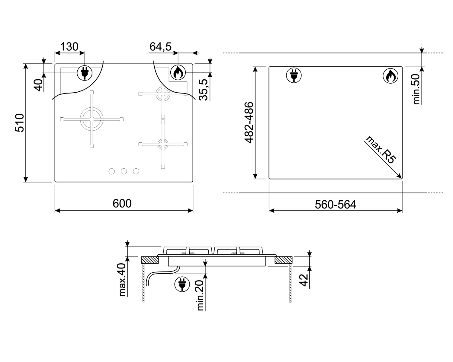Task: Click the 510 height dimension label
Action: click(x=20, y=123)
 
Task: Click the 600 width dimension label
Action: click(x=122, y=203)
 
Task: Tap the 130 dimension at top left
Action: click(x=69, y=46)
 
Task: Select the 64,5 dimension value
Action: click(x=160, y=46)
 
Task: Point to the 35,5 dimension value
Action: click(x=203, y=90)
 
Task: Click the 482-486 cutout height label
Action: click(x=249, y=123)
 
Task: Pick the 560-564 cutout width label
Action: click(x=335, y=205)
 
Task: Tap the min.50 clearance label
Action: click(x=416, y=89)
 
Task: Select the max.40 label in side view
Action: click(x=122, y=280)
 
